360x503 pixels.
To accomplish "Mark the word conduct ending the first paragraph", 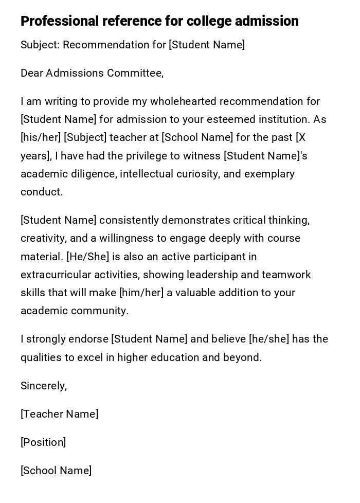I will [41, 192].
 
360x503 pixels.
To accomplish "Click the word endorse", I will [91, 339].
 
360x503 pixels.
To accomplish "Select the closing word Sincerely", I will [43, 386].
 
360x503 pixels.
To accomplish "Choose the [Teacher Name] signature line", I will [59, 414].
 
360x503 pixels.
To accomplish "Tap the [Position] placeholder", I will [43, 442].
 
